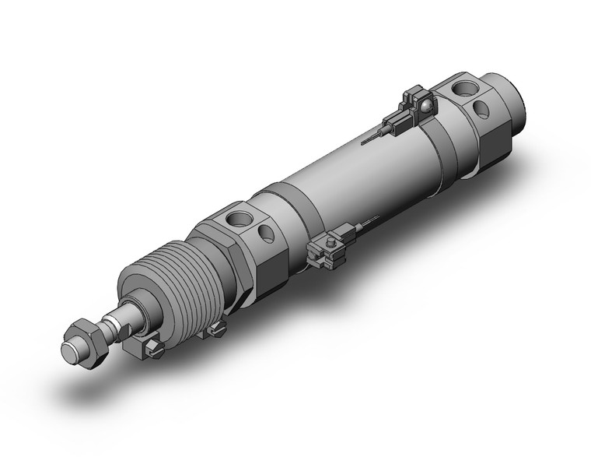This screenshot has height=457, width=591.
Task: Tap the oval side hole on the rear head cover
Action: pyautogui.click(x=482, y=109)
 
